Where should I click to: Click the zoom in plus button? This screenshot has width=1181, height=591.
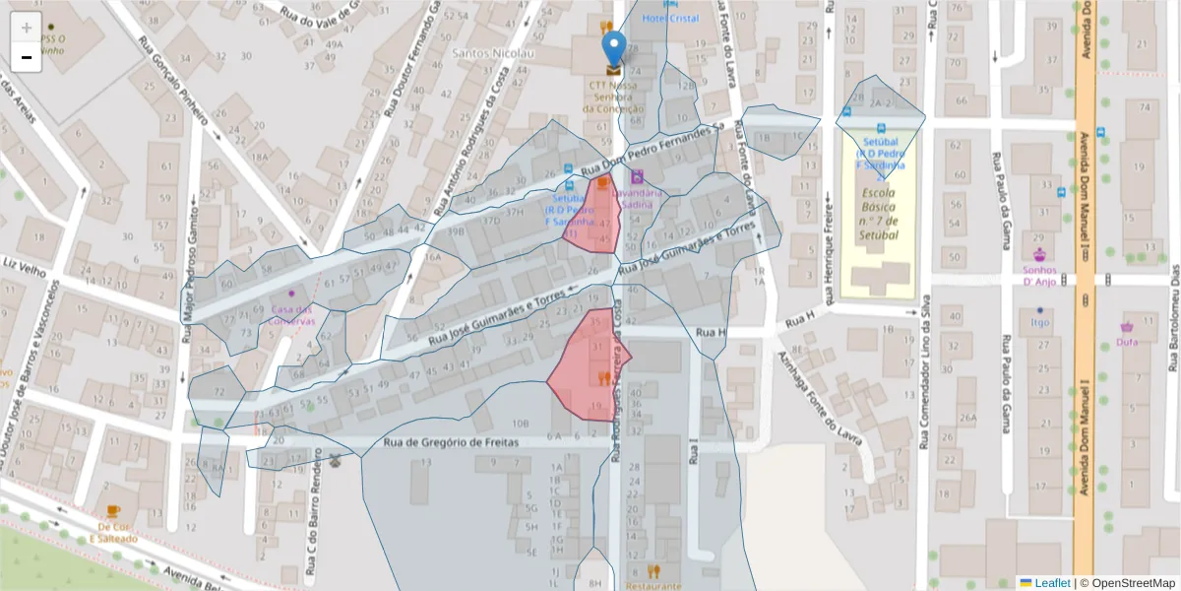click(x=27, y=28)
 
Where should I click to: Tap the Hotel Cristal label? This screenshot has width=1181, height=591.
click(x=670, y=19)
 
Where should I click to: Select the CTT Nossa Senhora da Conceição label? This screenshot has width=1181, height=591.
click(x=614, y=97)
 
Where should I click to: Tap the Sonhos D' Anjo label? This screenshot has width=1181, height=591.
click(x=1038, y=275)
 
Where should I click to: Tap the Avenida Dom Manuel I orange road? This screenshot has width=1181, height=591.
click(x=1085, y=295)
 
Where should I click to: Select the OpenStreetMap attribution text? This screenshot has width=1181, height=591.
click(x=1127, y=583)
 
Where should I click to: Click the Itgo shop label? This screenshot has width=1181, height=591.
click(x=1039, y=322)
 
